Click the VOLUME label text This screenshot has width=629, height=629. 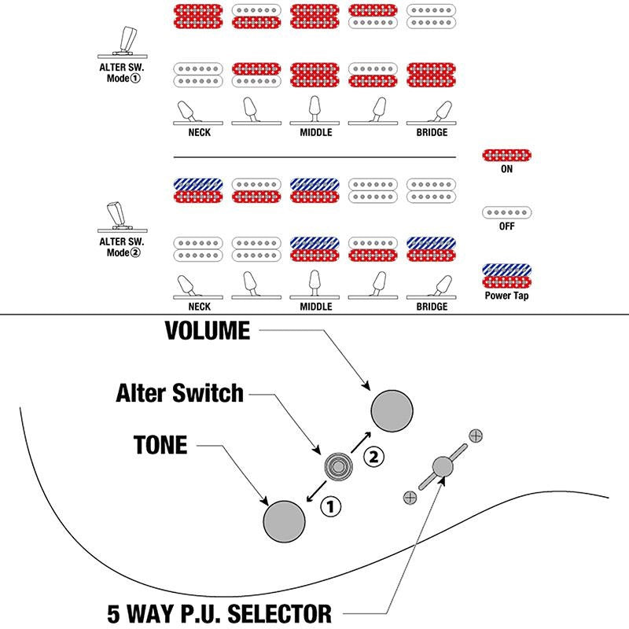click(208, 330)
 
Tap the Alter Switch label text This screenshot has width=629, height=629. click(180, 392)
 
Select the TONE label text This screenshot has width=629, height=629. click(160, 445)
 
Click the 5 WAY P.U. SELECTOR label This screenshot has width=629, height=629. click(219, 613)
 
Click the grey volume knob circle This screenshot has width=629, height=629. click(392, 410)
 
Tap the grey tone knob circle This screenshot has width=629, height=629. click(284, 521)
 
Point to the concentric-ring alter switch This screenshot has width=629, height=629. click(338, 466)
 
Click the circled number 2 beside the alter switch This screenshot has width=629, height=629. click(373, 457)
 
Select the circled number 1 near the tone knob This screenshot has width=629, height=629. click(330, 506)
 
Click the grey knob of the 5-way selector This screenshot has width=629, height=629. click(443, 467)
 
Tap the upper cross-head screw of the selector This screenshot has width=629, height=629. click(476, 436)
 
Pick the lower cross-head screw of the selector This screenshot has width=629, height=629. click(410, 498)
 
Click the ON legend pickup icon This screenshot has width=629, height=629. click(506, 155)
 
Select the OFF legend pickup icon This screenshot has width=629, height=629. click(506, 212)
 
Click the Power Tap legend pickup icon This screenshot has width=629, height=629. click(506, 276)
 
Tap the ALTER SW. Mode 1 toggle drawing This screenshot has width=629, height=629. click(123, 42)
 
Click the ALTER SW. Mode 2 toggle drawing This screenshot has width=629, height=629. click(122, 217)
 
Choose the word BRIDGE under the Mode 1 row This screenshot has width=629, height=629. click(432, 132)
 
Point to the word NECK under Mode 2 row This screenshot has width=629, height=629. click(200, 307)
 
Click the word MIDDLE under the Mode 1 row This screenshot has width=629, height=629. click(316, 132)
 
